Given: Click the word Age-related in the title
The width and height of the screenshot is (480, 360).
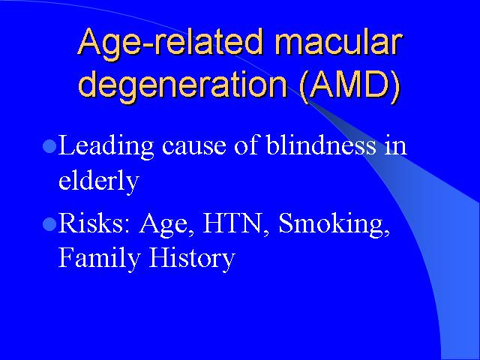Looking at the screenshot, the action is tap(170, 45).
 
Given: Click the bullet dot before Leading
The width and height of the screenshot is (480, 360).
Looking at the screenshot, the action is tap(49, 146).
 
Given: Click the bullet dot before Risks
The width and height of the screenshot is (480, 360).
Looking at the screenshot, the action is tap(49, 224).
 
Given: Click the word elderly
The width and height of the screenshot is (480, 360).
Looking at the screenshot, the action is tap(98, 180).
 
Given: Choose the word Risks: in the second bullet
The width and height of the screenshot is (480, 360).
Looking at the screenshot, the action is tap(94, 223).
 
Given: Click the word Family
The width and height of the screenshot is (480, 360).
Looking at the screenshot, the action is tap(99, 258).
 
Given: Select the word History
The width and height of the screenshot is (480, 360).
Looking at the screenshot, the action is tap(192, 258).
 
